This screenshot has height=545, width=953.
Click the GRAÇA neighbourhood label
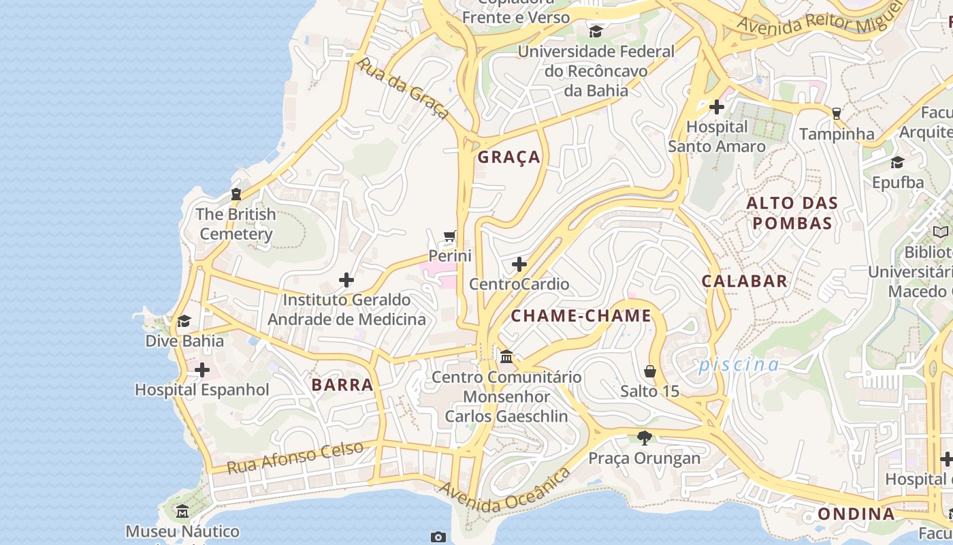(509, 157)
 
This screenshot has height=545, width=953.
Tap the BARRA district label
(342, 385)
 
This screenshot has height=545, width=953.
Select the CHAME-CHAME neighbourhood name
(581, 316)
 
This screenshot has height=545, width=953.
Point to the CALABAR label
(744, 281)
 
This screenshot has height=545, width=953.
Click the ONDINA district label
(856, 514)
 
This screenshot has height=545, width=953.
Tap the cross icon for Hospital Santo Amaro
(716, 107)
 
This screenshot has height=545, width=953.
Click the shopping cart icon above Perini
(449, 236)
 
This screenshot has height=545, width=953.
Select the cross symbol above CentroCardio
(519, 264)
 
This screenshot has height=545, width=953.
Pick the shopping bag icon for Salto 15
(650, 371)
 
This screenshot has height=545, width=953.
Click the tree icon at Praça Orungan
(644, 437)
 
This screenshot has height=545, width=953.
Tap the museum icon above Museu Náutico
(182, 511)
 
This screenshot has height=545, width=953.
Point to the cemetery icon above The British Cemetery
(236, 194)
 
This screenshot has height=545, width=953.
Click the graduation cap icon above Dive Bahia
(184, 321)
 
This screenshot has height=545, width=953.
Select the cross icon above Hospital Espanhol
(202, 370)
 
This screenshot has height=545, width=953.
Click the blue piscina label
(739, 365)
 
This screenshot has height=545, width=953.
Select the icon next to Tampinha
(836, 114)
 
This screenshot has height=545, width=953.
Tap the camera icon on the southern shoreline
(438, 537)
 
